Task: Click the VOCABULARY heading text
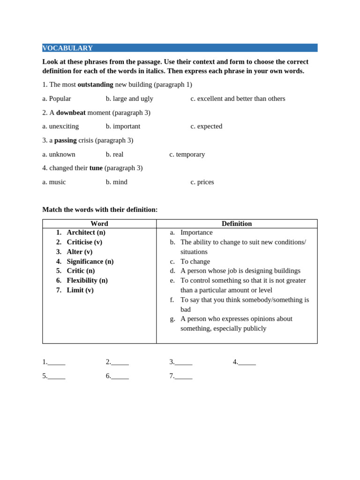click(x=67, y=48)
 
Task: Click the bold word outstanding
click(x=95, y=84)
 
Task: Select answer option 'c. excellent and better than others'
click(x=238, y=98)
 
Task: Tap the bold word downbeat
click(x=71, y=112)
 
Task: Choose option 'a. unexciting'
click(x=60, y=126)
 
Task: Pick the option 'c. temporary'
click(x=187, y=154)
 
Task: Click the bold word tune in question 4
click(x=96, y=168)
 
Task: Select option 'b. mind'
click(x=116, y=182)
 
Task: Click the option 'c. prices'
click(x=202, y=182)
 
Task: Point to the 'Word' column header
click(x=99, y=224)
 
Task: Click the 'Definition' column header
click(x=237, y=224)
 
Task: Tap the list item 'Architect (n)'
click(x=86, y=232)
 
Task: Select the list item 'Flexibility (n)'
click(x=87, y=280)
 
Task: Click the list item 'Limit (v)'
click(x=80, y=290)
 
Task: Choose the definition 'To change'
click(x=195, y=261)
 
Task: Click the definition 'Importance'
click(x=196, y=232)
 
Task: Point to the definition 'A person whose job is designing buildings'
click(x=240, y=270)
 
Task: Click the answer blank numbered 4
click(x=247, y=362)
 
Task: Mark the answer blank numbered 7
click(x=183, y=376)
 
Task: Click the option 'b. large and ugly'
click(x=129, y=98)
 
